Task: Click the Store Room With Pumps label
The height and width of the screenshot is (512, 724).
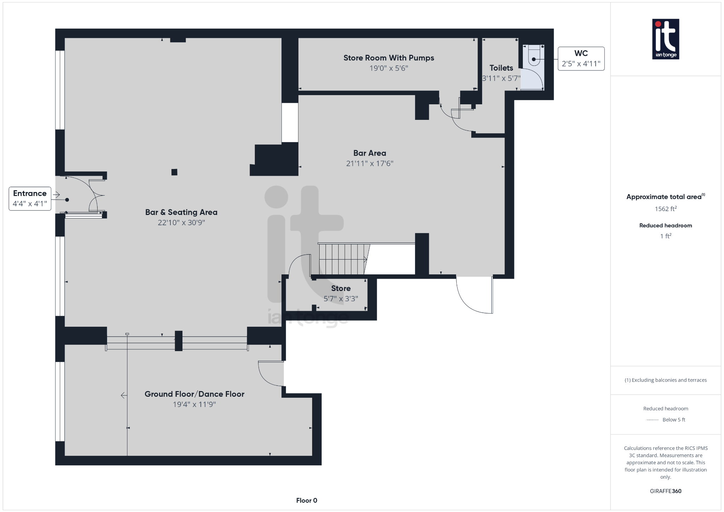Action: [x=389, y=58]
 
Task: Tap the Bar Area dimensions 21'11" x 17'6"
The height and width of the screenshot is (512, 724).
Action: [x=369, y=163]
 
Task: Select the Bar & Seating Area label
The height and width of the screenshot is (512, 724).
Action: [x=181, y=212]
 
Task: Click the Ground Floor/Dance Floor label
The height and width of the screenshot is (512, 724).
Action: [x=194, y=394]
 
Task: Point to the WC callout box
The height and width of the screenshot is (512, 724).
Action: [x=581, y=59]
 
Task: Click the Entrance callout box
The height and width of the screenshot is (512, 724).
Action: [x=30, y=198]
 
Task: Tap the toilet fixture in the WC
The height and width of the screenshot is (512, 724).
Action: [x=534, y=57]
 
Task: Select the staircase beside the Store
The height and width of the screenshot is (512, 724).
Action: [x=342, y=259]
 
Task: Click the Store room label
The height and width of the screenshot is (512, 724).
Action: [x=341, y=289]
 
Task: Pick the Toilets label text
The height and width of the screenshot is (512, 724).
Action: [x=501, y=68]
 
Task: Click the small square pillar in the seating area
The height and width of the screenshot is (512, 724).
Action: [x=174, y=172]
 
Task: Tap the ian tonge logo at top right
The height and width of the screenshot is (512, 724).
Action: [x=665, y=39]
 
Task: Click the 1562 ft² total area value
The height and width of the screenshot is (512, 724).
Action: [x=665, y=209]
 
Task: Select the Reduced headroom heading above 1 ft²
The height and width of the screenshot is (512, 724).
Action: [x=665, y=226]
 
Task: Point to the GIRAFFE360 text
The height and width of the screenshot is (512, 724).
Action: [x=665, y=491]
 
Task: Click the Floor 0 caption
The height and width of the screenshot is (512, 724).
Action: [x=306, y=500]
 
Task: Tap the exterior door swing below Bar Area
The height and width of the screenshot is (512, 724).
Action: [x=474, y=295]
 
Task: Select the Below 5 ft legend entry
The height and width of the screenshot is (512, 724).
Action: [x=673, y=420]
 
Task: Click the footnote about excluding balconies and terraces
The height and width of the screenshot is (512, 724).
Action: [x=665, y=380]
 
